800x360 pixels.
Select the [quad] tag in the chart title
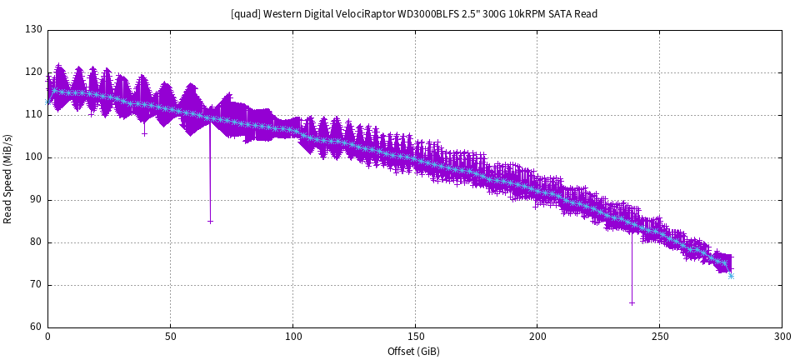point(247,14)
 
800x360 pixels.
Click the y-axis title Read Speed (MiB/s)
point(8,179)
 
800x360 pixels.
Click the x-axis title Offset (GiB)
point(414,351)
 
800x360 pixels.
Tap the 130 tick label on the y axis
point(33,30)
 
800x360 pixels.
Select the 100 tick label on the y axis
point(33,157)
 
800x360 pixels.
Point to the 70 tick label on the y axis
point(36,285)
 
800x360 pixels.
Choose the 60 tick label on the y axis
point(36,327)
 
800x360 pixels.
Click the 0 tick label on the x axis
point(47,337)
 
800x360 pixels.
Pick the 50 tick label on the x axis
point(170,337)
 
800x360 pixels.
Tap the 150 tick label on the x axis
point(415,337)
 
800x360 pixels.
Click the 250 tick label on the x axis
point(659,337)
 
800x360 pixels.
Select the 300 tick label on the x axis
point(782,337)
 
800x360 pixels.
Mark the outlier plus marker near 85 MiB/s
point(210,222)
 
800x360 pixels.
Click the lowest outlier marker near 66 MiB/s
point(632,303)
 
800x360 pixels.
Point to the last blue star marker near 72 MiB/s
point(731,276)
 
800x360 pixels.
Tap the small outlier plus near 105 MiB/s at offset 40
point(144,133)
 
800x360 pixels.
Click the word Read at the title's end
point(586,14)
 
